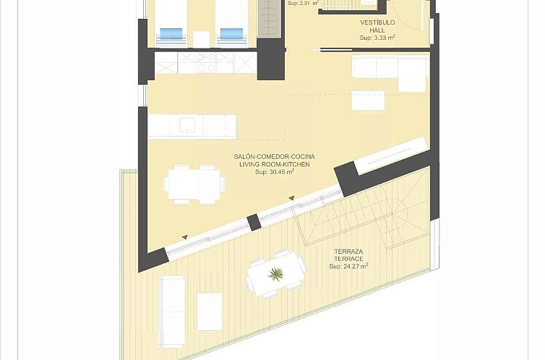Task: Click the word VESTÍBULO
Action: coord(377,22)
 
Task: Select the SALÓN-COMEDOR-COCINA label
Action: coord(274,157)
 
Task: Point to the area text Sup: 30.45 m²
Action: coord(274,172)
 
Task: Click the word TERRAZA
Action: coord(348,251)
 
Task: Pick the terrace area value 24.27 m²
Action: coord(348,266)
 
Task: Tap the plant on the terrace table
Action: coord(275,273)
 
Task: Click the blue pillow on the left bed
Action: coord(171,33)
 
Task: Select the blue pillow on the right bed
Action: coord(231,33)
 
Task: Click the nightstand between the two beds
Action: coord(202,38)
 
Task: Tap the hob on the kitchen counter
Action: coord(204,64)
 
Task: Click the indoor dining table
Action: coord(194,184)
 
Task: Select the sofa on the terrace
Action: coord(171,311)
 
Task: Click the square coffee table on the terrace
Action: coord(210,311)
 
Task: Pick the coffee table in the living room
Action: coord(368,100)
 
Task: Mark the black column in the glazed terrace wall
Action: coord(254,222)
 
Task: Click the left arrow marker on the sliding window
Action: coord(185,237)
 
